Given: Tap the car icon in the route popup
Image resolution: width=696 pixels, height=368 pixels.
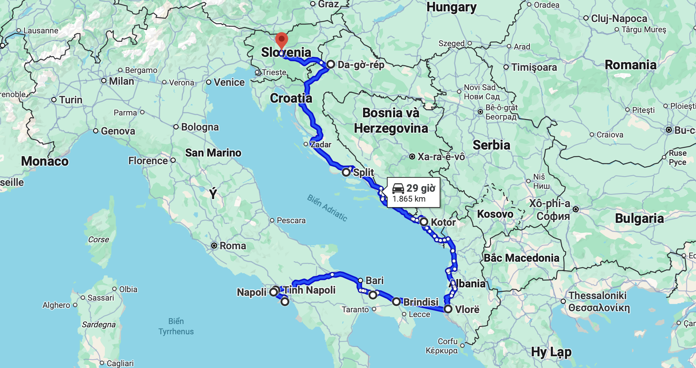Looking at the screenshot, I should coord(398,188).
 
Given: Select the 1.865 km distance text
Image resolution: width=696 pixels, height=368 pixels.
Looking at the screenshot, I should coord(409,199).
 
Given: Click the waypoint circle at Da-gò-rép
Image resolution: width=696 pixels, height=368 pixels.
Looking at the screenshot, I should coord(331,65).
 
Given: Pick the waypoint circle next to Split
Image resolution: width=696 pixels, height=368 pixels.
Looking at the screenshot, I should coord(346,172).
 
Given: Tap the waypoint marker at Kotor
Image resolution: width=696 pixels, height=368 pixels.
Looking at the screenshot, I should coord(424,222).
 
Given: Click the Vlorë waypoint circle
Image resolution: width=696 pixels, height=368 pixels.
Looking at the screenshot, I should coord(448,309).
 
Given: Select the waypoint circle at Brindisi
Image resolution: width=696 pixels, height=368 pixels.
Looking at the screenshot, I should coord(396,302).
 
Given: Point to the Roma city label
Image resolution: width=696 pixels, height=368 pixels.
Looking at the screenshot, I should coord(232,246).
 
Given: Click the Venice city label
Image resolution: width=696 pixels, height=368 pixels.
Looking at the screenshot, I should coord(229,82).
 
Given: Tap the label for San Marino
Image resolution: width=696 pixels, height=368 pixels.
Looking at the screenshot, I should coord(213,152).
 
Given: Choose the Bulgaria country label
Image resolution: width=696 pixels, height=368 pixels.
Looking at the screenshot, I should coord(639,218).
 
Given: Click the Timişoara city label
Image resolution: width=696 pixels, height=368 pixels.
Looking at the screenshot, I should coord(534,67).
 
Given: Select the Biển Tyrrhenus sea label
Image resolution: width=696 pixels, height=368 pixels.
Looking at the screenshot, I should coord(176,326).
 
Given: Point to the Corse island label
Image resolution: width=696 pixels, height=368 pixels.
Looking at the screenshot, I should coord(98,239).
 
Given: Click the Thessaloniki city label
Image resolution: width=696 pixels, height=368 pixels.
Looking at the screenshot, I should coord(598,295).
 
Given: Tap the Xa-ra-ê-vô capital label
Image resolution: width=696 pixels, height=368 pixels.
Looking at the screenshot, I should coord(441,157).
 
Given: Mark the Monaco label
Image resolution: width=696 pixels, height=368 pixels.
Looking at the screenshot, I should coord(45,161).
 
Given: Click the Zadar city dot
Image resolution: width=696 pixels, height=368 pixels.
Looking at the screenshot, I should coord(306,144).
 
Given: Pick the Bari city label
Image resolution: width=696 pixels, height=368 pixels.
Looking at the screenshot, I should coord(374,280).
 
